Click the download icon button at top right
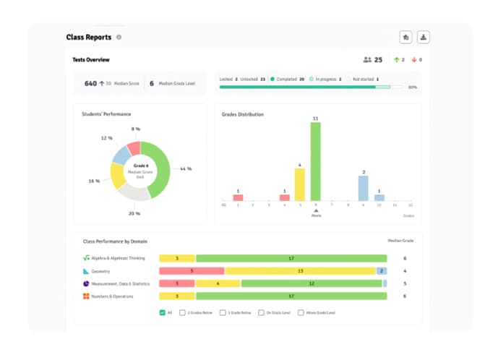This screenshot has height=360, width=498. [x=424, y=37]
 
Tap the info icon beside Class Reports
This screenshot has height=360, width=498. [x=119, y=37]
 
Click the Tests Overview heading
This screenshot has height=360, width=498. [x=91, y=59]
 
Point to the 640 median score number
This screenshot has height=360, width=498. [x=90, y=83]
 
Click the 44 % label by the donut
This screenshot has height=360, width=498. [x=185, y=168]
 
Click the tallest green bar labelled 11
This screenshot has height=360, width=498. [x=315, y=161]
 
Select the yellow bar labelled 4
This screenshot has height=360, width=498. [x=299, y=184]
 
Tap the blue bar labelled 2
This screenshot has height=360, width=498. [x=363, y=188]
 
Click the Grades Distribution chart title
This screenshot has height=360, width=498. [x=242, y=114]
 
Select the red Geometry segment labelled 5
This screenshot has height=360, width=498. [x=192, y=271]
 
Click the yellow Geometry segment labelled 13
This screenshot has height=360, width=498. [x=300, y=271]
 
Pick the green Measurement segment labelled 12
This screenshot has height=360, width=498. [x=311, y=283]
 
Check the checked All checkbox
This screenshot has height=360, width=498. [x=162, y=312]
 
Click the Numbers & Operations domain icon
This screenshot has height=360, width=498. [x=85, y=296]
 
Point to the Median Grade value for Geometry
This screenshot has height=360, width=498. [x=405, y=271]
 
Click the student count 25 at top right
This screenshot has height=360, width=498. [x=377, y=59]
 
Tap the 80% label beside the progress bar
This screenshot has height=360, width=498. [x=412, y=87]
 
